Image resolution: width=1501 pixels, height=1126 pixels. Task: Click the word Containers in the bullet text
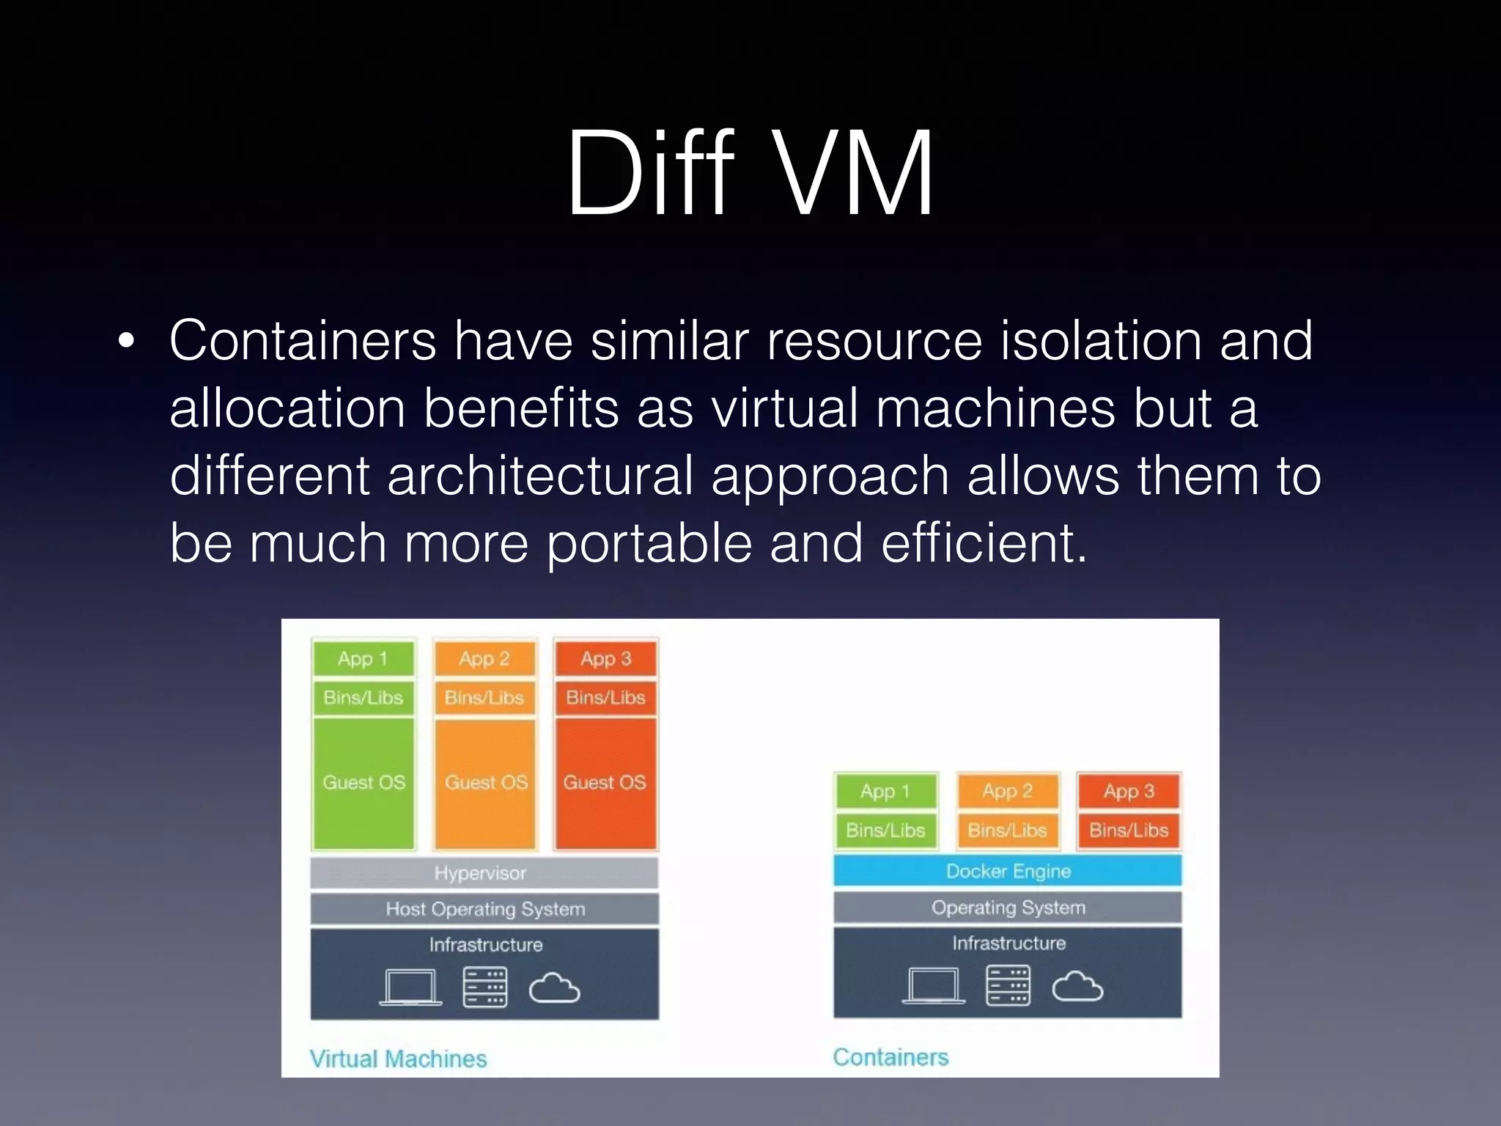point(303,341)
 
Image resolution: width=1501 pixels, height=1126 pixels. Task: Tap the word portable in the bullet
point(649,543)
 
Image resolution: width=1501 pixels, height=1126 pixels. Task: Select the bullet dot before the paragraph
point(126,342)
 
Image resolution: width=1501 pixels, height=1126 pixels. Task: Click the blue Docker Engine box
point(1008,871)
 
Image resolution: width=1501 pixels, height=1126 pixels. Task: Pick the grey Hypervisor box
point(484,872)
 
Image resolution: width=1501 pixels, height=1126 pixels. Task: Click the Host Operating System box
point(484,909)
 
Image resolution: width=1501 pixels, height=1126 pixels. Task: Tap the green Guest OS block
point(364,783)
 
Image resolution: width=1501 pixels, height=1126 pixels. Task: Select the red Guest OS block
point(605,783)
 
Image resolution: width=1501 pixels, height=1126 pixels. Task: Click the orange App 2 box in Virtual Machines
point(484,658)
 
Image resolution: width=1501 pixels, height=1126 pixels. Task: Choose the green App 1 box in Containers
point(885,791)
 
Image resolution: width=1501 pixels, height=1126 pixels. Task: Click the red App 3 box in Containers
point(1129,791)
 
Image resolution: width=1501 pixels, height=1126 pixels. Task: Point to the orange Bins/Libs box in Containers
point(1008,830)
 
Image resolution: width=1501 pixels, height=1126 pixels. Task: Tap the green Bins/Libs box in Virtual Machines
point(364,697)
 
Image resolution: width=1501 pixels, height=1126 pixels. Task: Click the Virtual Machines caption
point(398,1059)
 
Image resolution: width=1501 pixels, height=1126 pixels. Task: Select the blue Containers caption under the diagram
point(890,1057)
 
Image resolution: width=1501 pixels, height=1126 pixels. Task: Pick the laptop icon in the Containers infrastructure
point(933,985)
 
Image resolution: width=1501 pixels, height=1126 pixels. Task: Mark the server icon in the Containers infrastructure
point(1008,985)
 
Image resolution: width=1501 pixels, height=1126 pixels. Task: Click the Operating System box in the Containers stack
point(1008,908)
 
